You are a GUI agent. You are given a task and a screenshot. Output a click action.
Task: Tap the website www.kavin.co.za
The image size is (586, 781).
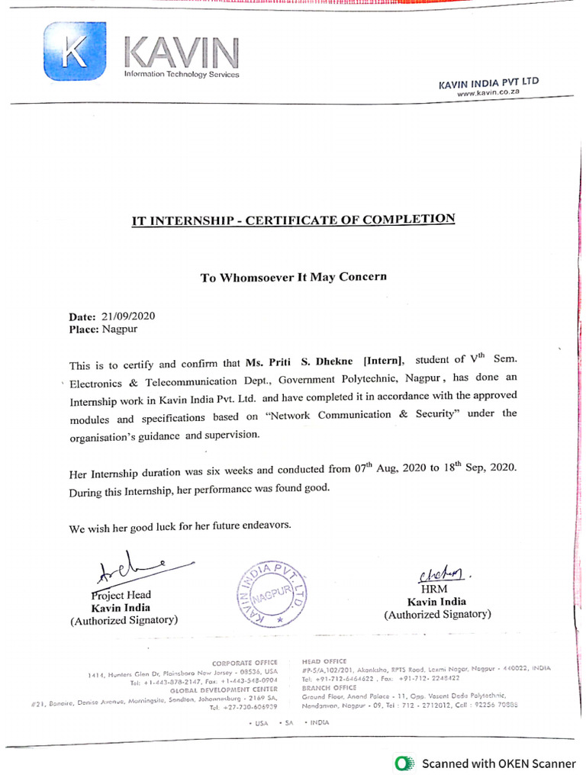pos(488,92)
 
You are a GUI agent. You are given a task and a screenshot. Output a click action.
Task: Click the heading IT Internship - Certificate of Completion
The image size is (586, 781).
pos(293,221)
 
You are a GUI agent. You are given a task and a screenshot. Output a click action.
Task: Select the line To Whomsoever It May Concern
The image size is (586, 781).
pos(293,277)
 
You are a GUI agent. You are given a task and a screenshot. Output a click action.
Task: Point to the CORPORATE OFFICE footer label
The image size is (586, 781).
pos(245,663)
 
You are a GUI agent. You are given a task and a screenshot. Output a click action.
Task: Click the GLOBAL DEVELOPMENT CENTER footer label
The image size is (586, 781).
pos(234,689)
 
